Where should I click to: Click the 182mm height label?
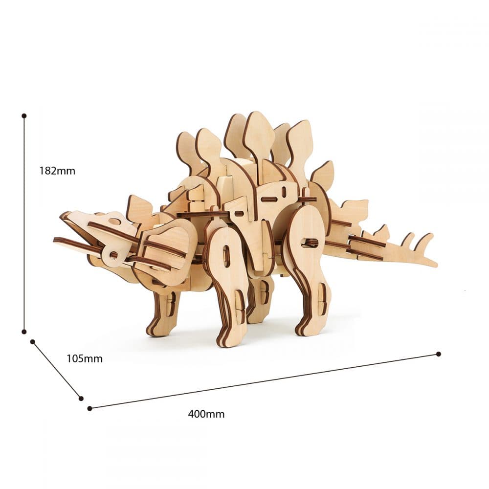point(57,171)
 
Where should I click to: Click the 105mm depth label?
point(84,358)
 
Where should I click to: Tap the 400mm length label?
point(206,414)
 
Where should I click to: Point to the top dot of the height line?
point(24,116)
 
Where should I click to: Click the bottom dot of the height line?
point(23,332)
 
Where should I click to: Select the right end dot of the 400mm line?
point(439,354)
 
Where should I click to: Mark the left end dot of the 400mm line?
point(90,408)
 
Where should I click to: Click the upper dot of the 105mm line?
point(32,342)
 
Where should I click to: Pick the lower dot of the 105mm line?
point(81,398)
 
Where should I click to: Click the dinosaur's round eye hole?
point(114,222)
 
